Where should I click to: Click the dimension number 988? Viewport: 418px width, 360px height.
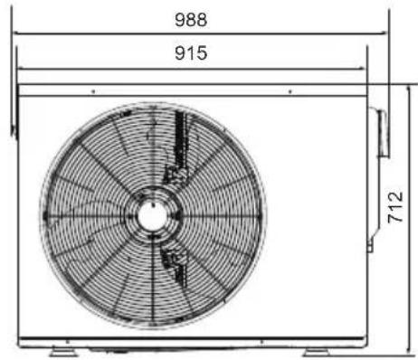(191, 20)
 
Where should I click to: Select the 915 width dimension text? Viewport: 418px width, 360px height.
(191, 53)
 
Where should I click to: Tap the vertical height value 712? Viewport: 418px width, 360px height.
(395, 207)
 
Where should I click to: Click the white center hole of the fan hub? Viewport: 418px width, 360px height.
(152, 215)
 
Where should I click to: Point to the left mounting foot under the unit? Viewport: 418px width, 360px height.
(63, 352)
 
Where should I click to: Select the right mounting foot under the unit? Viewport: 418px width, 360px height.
(317, 352)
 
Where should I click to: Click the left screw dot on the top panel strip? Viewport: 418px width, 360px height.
(93, 91)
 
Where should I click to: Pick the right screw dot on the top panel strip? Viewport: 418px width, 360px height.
(290, 91)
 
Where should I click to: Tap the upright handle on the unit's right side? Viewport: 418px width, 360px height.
(383, 133)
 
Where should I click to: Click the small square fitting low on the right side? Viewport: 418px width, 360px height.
(370, 249)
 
